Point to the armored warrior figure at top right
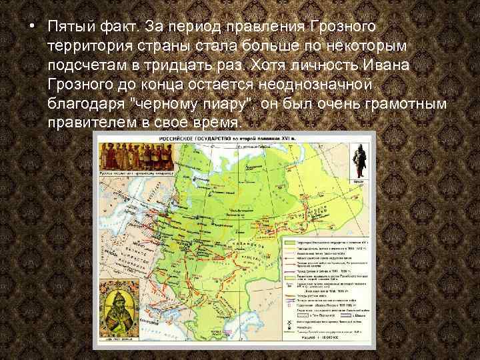coord(359,161)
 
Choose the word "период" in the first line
coord(199,27)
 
